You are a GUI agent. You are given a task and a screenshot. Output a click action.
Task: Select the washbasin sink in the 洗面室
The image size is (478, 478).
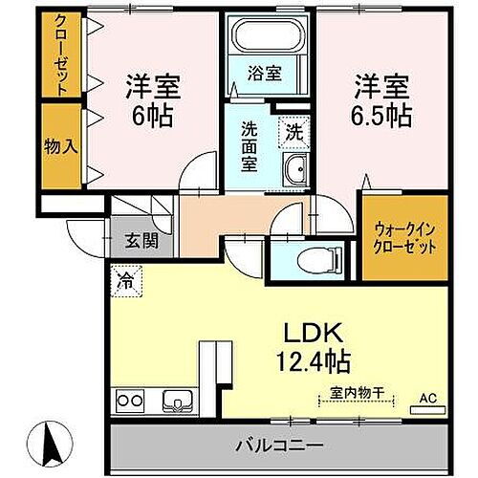click(293, 172)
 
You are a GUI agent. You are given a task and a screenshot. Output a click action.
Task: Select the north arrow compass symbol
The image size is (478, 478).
click(54, 442)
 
